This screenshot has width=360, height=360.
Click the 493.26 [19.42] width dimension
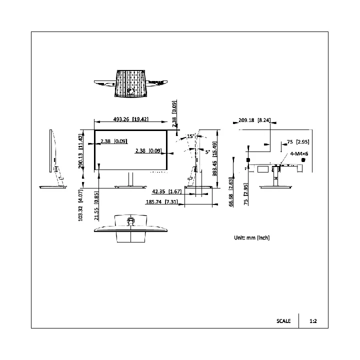tap(131, 119)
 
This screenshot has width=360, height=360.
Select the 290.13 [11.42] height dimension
tap(80, 151)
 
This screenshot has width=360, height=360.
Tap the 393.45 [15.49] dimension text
tap(214, 159)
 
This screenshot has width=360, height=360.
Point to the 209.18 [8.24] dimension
tap(254, 120)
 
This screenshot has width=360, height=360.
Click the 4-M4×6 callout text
tap(299, 153)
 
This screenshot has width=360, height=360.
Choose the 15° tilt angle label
tap(191, 136)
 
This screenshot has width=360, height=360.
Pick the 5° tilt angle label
tap(207, 152)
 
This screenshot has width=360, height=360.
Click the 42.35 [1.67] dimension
tap(167, 191)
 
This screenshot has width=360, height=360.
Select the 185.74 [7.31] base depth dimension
tap(162, 202)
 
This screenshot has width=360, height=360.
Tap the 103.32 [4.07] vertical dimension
tap(80, 205)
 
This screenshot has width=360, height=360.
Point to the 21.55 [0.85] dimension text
tap(96, 205)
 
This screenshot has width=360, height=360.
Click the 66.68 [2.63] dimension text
tap(231, 192)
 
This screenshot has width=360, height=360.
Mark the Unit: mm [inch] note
tap(252, 237)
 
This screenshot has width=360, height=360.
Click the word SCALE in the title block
tap(283, 321)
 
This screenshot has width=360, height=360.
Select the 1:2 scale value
tap(313, 321)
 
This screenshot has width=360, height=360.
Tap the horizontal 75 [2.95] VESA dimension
tap(298, 142)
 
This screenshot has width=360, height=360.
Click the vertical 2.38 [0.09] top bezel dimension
tap(174, 113)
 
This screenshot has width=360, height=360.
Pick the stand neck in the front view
tap(130, 179)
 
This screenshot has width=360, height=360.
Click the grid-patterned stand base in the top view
tap(131, 83)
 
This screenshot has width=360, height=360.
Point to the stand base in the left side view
tap(53, 187)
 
